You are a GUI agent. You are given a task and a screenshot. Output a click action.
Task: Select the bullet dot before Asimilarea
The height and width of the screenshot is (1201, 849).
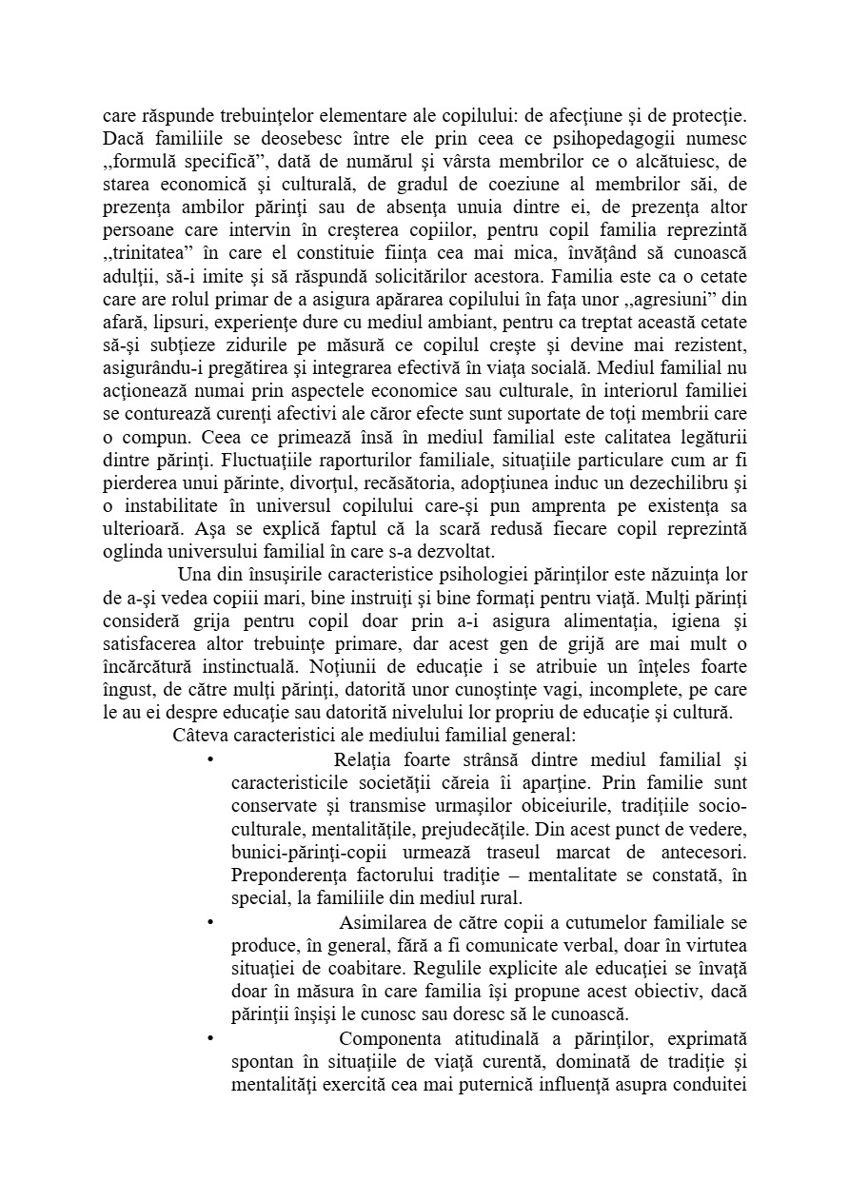(207, 923)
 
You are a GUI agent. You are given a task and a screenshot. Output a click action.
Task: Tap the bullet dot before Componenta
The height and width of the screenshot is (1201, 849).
(207, 1037)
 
